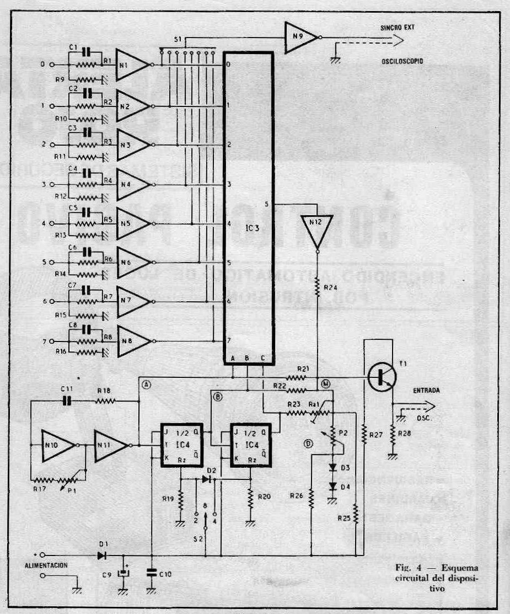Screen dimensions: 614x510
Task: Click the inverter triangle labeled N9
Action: [300, 38]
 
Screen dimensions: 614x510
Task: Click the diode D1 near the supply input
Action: [101, 556]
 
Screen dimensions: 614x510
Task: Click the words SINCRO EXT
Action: [396, 27]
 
